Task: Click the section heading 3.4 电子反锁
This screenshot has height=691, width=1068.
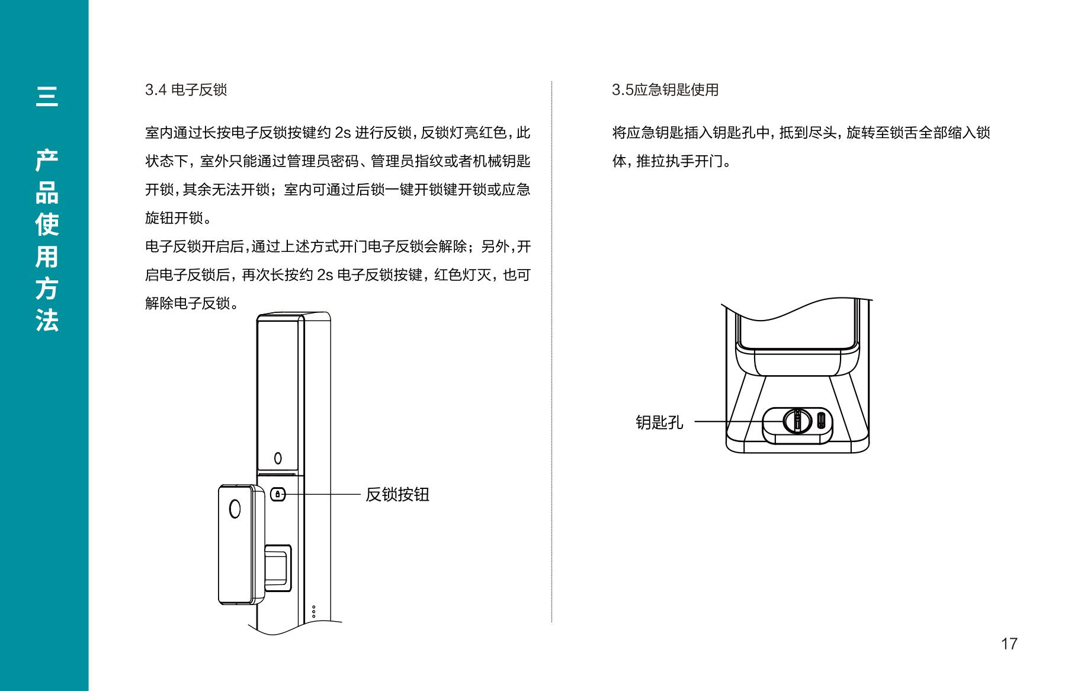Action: coord(186,90)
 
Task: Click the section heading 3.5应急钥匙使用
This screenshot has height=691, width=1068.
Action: coord(665,90)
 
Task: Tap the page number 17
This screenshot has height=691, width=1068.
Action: coord(1009,644)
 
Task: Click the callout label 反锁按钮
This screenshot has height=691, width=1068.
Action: coord(397,494)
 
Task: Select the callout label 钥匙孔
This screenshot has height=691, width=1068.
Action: coord(659,423)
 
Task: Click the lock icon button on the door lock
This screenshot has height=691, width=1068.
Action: coord(278,494)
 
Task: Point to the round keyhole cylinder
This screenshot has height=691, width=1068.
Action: coord(797,421)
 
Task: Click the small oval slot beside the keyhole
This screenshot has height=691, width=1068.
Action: coord(821,421)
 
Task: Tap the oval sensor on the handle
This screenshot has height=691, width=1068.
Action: coord(235,509)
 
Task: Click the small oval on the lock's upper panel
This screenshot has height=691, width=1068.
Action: coord(278,458)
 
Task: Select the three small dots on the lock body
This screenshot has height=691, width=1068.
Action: coord(314,612)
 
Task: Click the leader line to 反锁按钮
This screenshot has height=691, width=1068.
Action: coord(323,494)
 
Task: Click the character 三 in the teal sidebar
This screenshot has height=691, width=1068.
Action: coord(47,96)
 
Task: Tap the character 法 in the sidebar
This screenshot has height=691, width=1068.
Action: coord(47,320)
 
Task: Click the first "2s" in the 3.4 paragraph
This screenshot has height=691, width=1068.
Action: coord(343,133)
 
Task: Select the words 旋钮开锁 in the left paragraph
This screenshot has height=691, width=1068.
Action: coord(174,218)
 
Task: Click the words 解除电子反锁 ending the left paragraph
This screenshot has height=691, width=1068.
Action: coord(188,303)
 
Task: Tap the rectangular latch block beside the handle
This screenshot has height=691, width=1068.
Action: coord(278,568)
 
